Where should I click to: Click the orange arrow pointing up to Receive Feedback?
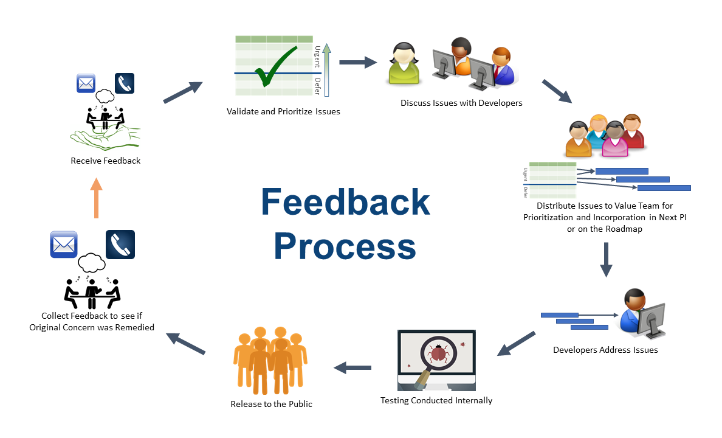pos(96,198)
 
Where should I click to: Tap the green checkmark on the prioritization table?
pos(275,67)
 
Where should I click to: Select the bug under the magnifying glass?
pos(438,353)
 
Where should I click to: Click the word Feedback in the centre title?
pos(345,202)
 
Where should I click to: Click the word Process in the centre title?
pos(345,246)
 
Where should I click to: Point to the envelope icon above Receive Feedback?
pos(86,83)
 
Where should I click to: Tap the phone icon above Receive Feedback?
pos(125,83)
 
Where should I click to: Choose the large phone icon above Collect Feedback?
pos(120,245)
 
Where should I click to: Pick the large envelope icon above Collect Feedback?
pos(64,245)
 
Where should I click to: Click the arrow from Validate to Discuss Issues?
pos(358,62)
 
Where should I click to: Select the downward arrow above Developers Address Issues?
pos(607,260)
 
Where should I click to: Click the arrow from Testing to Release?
pos(352,367)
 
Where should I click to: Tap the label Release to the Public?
pos(271,404)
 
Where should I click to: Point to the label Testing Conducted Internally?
pos(436,400)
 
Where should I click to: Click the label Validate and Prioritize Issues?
pos(283,111)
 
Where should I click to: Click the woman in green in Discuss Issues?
pos(404,64)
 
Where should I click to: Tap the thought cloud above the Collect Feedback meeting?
pos(92,262)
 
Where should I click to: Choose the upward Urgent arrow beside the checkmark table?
pos(326,70)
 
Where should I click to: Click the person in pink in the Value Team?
pos(614,139)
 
